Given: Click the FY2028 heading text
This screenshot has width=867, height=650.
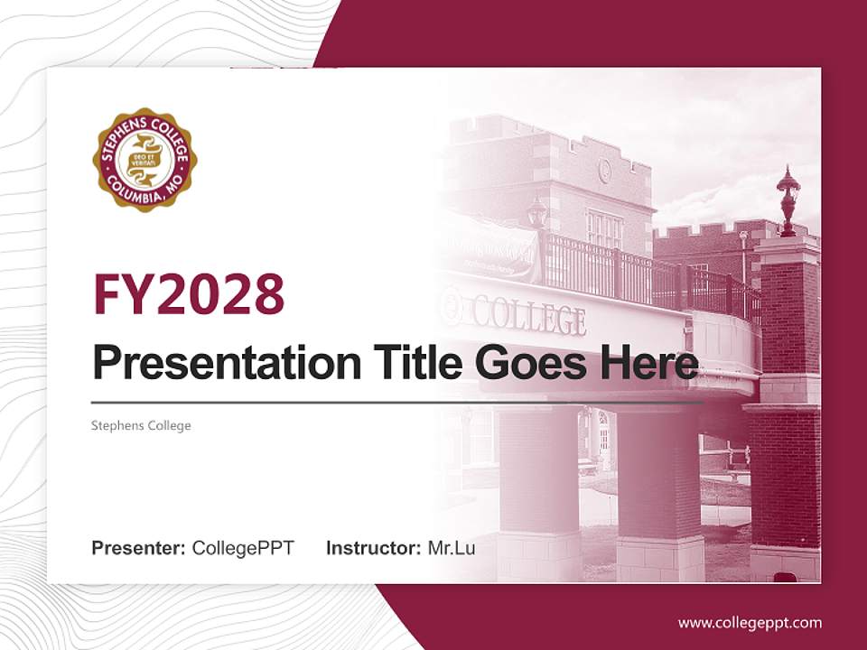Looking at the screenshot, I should tap(189, 293).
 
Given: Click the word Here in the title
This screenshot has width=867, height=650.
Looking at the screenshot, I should tap(649, 363).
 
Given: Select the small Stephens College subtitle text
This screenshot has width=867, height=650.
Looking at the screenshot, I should tap(141, 425).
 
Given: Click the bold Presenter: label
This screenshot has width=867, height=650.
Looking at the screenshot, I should tap(139, 548).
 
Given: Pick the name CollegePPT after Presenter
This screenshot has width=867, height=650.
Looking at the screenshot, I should tap(243, 548).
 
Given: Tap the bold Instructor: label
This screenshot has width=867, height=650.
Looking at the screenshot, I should tap(373, 548).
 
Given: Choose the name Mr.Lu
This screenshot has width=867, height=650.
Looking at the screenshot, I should tap(452, 548).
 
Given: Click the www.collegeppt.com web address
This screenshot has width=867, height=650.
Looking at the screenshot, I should tap(750, 622).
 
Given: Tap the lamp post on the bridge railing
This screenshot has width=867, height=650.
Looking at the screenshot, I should tap(538, 214).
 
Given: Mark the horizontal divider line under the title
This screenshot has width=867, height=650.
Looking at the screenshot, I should tap(397, 403).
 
